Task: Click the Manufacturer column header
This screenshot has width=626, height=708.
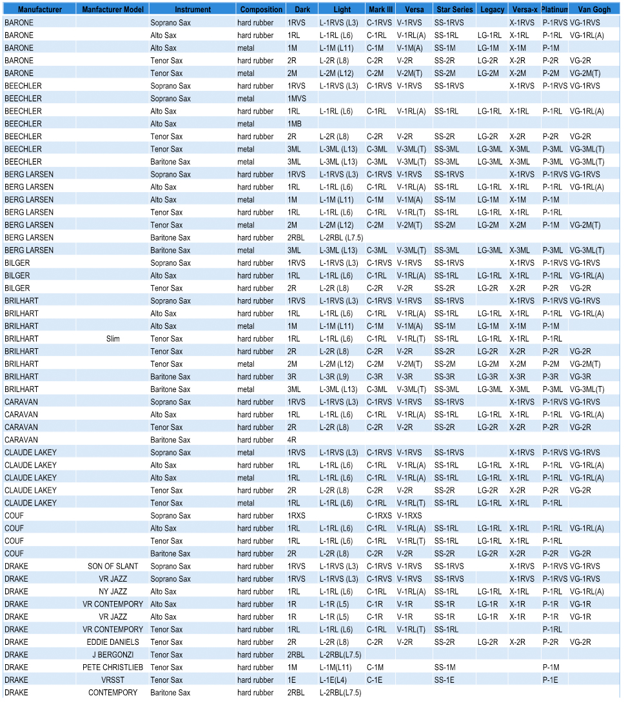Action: click(x=39, y=10)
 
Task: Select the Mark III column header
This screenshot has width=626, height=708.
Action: click(x=380, y=10)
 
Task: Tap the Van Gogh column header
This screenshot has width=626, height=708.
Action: click(x=594, y=10)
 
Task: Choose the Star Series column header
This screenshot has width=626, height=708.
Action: click(x=454, y=10)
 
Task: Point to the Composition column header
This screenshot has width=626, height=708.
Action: click(x=261, y=10)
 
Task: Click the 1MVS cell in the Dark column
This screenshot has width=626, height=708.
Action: click(x=297, y=99)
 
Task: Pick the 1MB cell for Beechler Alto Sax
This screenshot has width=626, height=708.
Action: click(x=295, y=124)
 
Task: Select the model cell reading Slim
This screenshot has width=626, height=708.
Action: click(x=113, y=339)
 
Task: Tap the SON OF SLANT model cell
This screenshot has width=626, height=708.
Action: click(x=113, y=566)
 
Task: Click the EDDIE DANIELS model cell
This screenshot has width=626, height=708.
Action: click(x=113, y=642)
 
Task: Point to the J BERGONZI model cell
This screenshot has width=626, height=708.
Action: click(x=113, y=654)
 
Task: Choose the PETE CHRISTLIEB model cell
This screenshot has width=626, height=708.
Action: click(x=113, y=667)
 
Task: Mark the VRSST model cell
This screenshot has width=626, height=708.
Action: click(x=113, y=680)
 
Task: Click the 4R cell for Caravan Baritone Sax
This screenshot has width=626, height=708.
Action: click(x=293, y=440)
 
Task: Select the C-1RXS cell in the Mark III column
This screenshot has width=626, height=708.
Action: click(x=379, y=516)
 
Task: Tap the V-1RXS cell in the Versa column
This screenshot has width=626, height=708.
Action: click(x=409, y=516)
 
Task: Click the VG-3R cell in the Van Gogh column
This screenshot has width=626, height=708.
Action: click(x=580, y=377)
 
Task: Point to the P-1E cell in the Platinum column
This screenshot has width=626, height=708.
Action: click(x=551, y=680)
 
